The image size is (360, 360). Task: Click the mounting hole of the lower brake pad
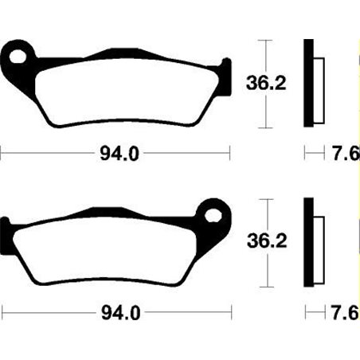[213, 213]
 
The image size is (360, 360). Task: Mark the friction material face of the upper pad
[119, 92]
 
